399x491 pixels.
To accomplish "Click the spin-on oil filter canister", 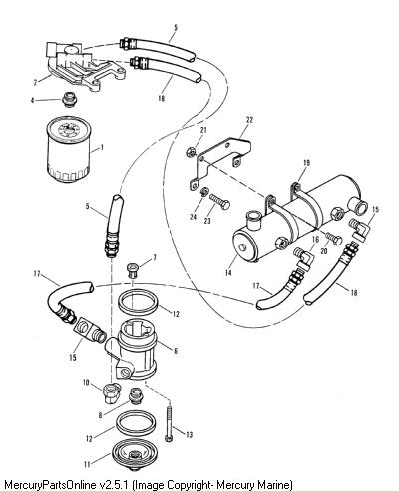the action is [69, 150].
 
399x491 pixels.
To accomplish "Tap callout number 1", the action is [102, 147].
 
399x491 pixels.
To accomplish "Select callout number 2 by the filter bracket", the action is [36, 82].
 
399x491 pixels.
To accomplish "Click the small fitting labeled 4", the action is [70, 99].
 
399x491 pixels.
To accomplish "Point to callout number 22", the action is [249, 120].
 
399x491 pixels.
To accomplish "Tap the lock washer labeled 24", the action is [205, 193].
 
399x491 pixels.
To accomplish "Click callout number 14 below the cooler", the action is [228, 273].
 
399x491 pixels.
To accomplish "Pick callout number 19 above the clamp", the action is [306, 163].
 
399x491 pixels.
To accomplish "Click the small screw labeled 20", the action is [333, 238].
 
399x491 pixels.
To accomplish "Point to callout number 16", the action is [315, 239].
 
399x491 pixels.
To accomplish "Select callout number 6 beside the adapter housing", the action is [176, 351].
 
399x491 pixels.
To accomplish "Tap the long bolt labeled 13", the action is [169, 422].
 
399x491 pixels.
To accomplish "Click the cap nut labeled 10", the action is [110, 393].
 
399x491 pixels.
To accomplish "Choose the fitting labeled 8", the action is [135, 396].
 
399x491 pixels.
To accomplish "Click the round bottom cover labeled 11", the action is [134, 455].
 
